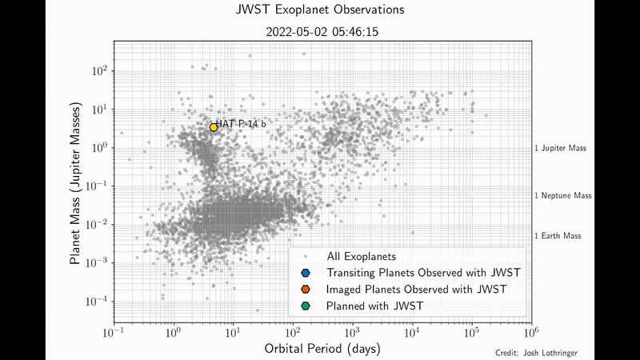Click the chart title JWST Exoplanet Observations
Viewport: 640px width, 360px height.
320,10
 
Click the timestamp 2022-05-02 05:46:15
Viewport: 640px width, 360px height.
320,33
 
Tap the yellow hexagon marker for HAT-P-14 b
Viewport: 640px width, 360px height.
214,127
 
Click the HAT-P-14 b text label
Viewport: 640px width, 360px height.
242,124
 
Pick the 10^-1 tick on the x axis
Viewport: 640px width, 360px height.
113,331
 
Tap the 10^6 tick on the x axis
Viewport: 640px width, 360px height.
532,331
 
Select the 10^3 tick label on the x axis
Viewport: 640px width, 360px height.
352,331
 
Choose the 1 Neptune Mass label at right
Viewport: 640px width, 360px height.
563,195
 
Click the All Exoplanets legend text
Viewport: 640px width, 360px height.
362,257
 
